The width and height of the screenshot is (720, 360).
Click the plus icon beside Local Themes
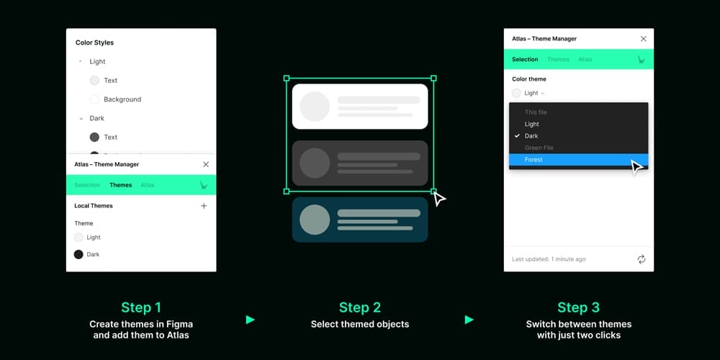204,206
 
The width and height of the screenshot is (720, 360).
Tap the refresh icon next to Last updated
642,259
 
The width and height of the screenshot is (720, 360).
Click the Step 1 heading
141,307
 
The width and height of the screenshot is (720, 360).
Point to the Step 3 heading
578,307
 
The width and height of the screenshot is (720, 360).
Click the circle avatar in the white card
315,107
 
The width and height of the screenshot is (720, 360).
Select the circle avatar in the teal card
315,220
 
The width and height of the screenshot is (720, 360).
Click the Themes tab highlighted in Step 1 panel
121,185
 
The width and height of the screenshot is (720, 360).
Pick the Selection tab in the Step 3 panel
525,59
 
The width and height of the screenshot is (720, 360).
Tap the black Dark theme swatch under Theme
78,254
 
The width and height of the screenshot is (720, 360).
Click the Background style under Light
122,99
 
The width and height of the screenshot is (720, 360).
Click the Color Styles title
94,43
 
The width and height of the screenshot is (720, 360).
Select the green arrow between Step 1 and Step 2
250,320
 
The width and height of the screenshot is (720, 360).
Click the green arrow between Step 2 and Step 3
469,320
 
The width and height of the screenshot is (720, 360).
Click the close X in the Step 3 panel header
643,39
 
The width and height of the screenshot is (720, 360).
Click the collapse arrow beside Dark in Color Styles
81,118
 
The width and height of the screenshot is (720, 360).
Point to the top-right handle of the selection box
433,78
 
